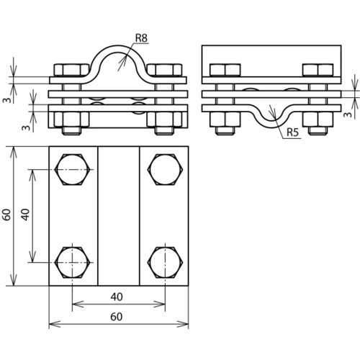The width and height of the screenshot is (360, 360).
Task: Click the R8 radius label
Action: pos(141,38)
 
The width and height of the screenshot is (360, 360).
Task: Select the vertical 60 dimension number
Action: pos(6,215)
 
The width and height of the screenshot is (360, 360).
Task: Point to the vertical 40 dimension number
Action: pos(25,215)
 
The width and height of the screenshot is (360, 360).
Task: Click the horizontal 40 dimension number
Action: pos(117,297)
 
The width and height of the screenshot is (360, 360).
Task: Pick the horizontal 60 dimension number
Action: pos(117,317)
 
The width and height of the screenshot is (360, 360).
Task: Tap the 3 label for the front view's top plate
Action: pos(8,99)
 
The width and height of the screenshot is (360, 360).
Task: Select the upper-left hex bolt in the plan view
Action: pos(73,169)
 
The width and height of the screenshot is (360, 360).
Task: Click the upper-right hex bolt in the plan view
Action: pos(165,169)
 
